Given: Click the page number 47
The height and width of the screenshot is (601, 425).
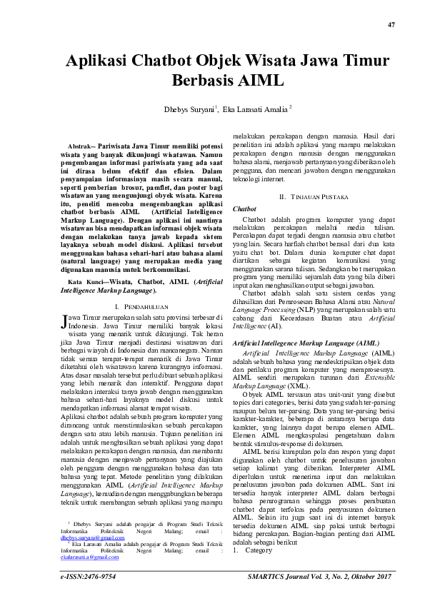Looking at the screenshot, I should pyautogui.click(x=391, y=25).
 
